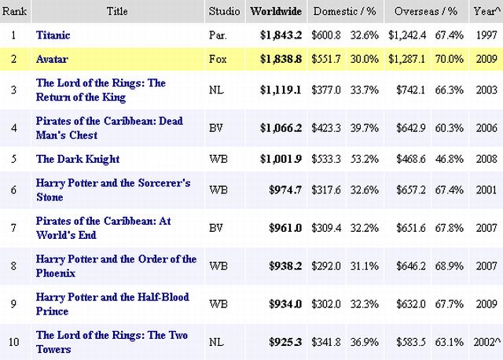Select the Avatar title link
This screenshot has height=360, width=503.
click(x=52, y=59)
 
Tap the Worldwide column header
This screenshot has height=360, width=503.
click(x=275, y=12)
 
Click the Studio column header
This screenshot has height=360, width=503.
click(x=224, y=12)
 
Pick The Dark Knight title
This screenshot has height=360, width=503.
click(x=78, y=159)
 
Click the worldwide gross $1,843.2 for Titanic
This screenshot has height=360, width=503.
click(x=281, y=35)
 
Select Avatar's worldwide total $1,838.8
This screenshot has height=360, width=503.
click(x=281, y=59)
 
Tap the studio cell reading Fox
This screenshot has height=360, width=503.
click(x=218, y=59)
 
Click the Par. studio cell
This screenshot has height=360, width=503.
click(x=218, y=35)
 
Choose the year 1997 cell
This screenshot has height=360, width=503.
click(x=486, y=35)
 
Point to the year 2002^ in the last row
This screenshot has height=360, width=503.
click(x=486, y=342)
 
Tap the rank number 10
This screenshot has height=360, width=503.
click(x=13, y=342)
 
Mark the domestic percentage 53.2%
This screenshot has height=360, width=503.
click(x=362, y=159)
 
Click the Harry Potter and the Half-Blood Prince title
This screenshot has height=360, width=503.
click(x=112, y=303)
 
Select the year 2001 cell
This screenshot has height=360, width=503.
click(x=486, y=189)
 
